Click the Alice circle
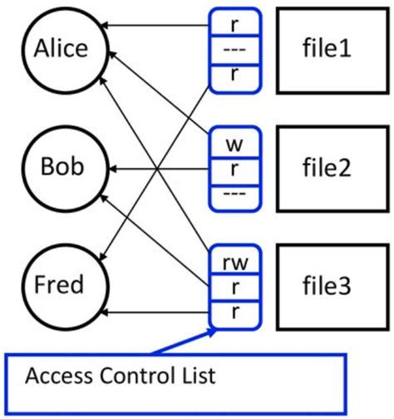(61, 50)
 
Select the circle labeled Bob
(61, 167)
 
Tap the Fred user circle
(61, 285)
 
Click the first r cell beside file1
(234, 22)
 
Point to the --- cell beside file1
(234, 50)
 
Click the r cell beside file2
(234, 167)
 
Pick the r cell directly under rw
(234, 287)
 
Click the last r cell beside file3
(234, 313)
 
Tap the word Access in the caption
(55, 377)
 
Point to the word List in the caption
(196, 377)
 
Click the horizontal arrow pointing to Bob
(158, 168)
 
